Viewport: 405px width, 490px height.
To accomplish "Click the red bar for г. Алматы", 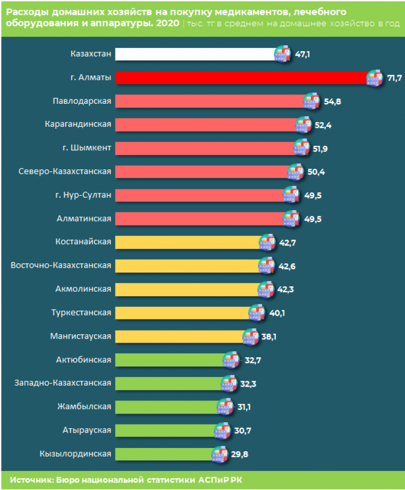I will coord(241,78).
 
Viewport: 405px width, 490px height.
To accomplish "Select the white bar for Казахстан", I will coord(194,54).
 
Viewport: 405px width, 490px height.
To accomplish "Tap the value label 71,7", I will coord(394,78).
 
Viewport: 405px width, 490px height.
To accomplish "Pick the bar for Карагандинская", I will coord(205,125).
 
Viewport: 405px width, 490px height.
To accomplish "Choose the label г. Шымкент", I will coord(86,148).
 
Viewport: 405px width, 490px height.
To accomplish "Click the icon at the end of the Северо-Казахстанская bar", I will coord(296,172).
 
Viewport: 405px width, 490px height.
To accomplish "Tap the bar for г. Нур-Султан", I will coord(199,195).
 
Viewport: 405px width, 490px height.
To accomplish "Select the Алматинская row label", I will coord(84,219).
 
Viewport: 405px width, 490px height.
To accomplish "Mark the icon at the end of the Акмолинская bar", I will coord(266,289).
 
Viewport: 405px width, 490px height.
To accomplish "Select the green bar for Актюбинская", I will coord(170,359).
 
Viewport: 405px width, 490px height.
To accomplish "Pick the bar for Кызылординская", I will coord(164,454).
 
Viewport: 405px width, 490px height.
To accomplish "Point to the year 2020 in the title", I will coord(166,24).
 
